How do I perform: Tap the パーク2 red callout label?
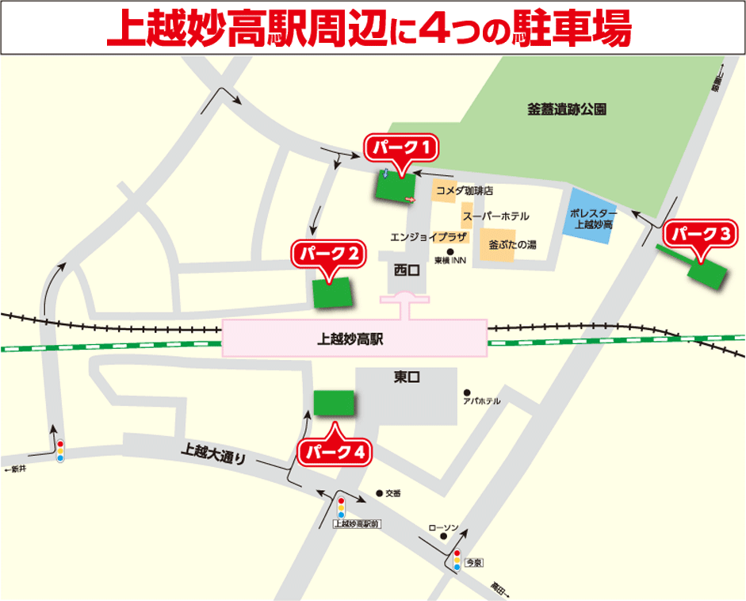point(329,254)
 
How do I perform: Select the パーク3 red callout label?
point(700,234)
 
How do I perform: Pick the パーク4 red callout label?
point(335,452)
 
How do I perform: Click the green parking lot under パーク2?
point(332,293)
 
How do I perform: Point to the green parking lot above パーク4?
point(334,403)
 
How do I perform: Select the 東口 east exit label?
point(406,377)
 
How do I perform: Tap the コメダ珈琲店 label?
point(465,191)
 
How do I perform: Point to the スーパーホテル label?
point(495,216)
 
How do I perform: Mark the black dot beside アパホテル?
point(468,392)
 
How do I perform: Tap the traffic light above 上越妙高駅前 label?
point(342,507)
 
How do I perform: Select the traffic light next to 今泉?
point(457,560)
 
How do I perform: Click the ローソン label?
point(443,527)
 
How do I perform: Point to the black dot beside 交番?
point(379,492)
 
